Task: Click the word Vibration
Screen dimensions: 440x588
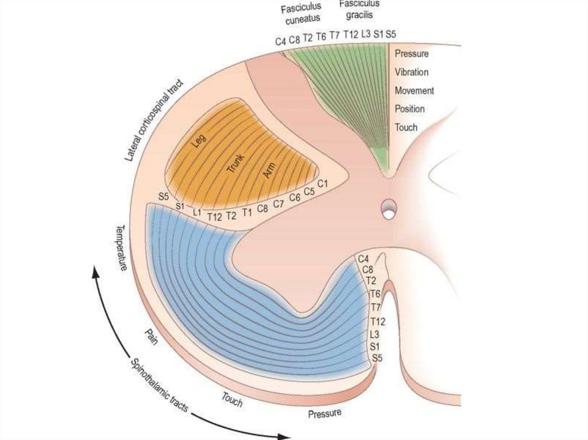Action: [411, 72]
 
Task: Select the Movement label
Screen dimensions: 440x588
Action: [414, 91]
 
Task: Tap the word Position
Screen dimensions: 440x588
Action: [409, 109]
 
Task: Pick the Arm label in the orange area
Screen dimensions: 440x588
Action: [269, 171]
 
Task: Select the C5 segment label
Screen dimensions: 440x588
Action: [308, 192]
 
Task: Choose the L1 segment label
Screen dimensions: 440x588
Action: [197, 212]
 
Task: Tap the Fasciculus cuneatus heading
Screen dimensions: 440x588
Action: [301, 14]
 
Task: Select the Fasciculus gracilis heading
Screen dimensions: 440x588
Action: [359, 8]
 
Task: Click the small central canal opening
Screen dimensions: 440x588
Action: [389, 213]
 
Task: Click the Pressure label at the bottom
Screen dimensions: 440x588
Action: [324, 413]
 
